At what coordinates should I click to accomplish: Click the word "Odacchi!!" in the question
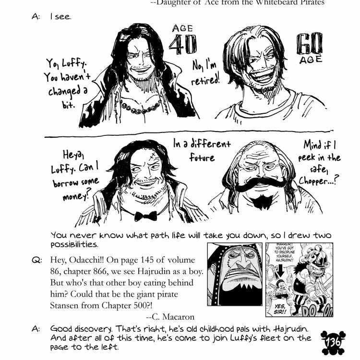tap(105, 260)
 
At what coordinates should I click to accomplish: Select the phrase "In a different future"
tap(202, 150)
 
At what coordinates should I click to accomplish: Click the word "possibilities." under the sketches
tap(74, 244)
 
